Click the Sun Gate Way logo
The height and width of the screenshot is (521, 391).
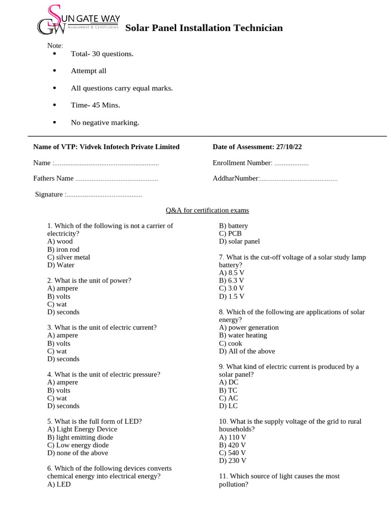78,20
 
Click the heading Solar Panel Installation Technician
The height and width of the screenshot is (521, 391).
204,28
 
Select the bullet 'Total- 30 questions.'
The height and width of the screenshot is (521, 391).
102,54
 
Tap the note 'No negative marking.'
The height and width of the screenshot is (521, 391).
105,123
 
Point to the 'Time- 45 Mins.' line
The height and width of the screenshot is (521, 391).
95,105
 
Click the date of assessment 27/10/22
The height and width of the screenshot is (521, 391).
289,147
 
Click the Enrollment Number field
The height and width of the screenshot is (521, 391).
291,163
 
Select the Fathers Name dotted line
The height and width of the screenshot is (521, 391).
117,179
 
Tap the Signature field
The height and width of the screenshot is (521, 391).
104,194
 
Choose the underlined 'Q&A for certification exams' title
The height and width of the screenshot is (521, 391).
207,210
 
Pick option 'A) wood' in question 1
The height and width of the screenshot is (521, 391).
60,242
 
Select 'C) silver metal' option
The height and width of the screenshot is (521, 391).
69,257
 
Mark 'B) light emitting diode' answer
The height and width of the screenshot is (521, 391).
80,438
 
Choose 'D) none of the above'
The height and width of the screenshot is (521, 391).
78,453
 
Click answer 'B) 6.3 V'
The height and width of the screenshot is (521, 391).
232,280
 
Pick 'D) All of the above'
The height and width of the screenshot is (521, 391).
247,351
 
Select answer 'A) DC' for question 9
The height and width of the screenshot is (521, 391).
229,383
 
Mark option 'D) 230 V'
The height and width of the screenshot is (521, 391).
233,461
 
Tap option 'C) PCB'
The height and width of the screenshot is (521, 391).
230,234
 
